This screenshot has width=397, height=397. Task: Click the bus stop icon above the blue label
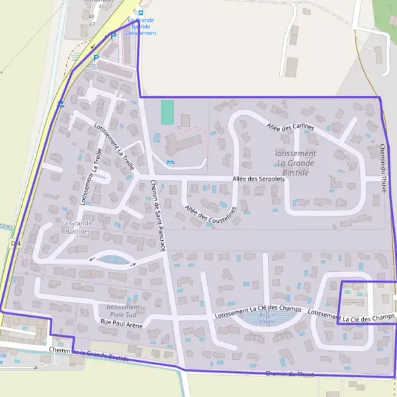pos(140,12)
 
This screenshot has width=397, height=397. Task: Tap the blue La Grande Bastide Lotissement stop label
pos(141,26)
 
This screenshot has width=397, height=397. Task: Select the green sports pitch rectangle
pos(167,111)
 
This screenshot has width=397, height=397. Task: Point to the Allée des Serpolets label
pos(259,179)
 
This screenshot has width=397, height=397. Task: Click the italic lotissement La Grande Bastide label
pos(294,163)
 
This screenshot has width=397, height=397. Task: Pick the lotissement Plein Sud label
pos(124,311)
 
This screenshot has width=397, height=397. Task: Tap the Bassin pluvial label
pos(267,317)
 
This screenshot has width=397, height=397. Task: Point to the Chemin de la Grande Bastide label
pos(88,353)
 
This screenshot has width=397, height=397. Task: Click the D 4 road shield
pos(16,243)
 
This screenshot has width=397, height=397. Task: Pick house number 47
pos(91,24)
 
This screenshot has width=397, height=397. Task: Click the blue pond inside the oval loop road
pos(115,260)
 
